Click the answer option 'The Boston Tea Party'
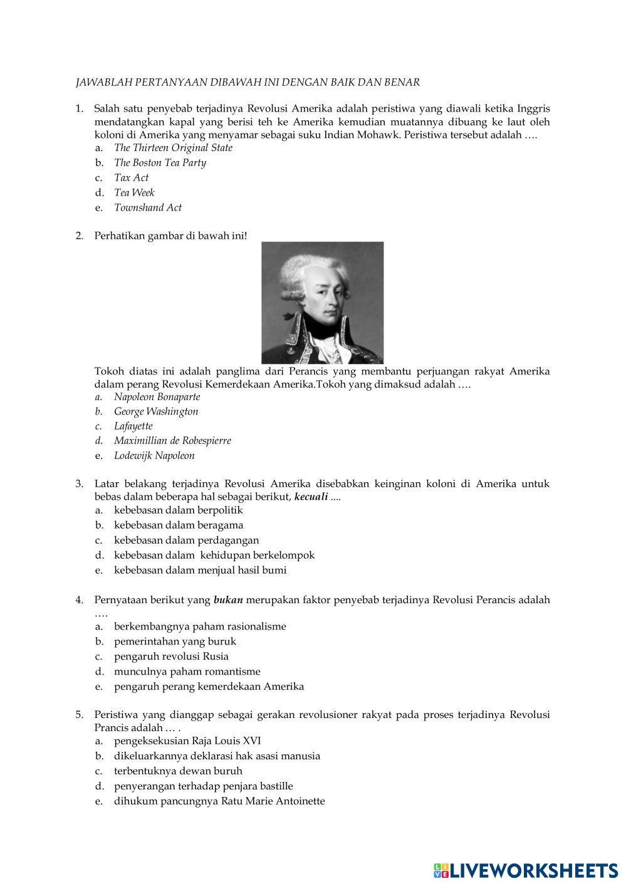[160, 163]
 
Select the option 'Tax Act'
[131, 178]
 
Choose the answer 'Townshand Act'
[148, 208]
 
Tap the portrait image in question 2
[322, 302]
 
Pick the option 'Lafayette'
[133, 426]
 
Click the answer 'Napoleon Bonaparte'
[157, 397]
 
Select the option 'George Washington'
[156, 412]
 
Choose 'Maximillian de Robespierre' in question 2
[172, 441]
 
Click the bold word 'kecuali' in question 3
[311, 497]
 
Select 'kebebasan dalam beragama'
[179, 525]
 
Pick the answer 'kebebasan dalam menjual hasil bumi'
[200, 571]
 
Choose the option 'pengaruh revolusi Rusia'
[171, 657]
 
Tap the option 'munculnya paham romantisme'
[187, 672]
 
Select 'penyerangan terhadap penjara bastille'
[203, 786]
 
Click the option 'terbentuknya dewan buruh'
[178, 771]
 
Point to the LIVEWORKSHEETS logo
[525, 870]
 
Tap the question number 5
[79, 715]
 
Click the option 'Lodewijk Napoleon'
[154, 456]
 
